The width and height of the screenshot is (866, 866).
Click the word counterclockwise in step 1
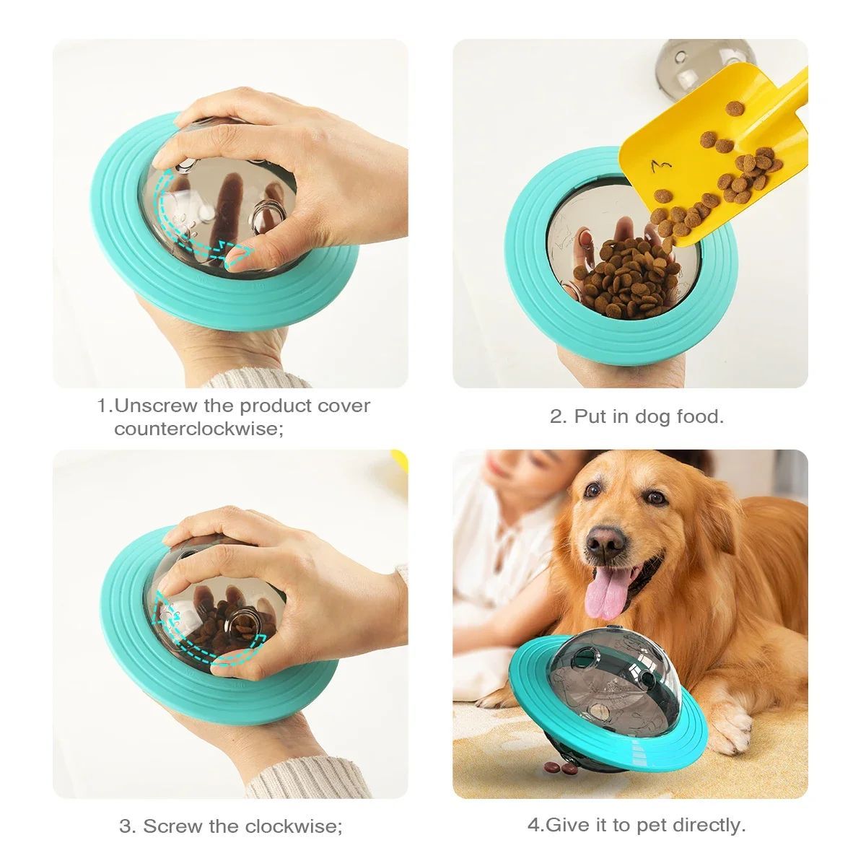[194, 429]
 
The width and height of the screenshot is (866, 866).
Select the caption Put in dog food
[637, 416]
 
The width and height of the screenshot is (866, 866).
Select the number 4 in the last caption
[535, 825]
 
